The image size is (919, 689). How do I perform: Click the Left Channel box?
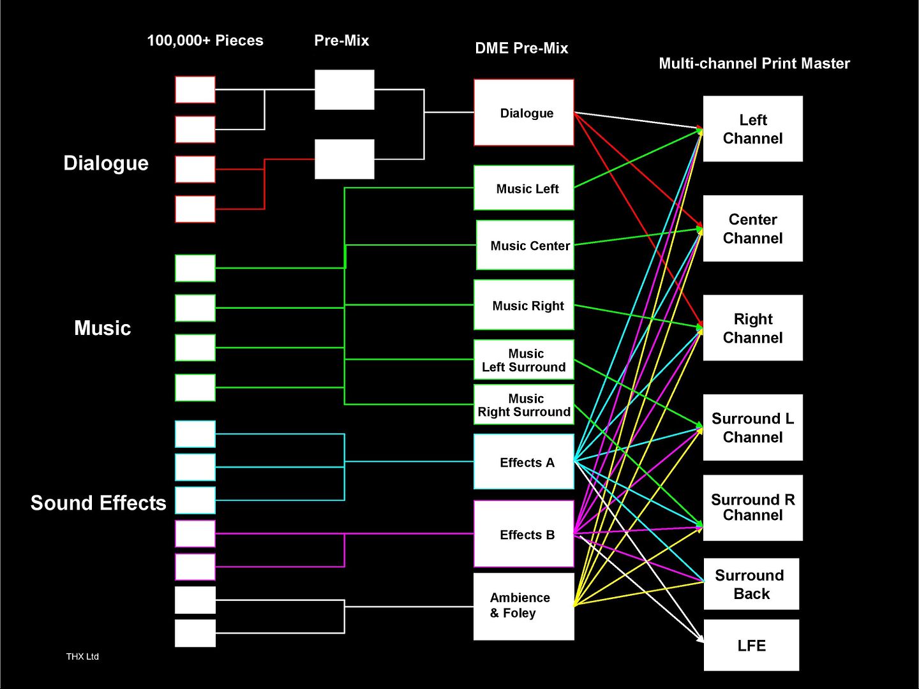[753, 129]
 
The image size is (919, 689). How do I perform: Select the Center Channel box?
[753, 228]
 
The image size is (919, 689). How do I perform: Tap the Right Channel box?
[753, 328]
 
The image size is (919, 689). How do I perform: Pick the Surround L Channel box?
[753, 427]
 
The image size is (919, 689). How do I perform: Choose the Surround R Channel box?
[753, 508]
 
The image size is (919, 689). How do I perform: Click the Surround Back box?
[751, 584]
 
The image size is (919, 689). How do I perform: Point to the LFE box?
[751, 645]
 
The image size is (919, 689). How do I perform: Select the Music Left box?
[524, 188]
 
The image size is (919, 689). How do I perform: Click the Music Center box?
[525, 245]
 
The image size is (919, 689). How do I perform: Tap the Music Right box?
[524, 305]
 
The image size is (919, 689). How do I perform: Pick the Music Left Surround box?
[524, 360]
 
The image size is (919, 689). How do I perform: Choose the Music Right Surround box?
[524, 404]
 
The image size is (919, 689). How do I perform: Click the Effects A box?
[524, 461]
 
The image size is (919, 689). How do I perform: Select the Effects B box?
[524, 534]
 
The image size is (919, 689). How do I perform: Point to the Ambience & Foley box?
[524, 606]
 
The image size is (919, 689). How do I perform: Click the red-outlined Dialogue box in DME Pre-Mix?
[524, 112]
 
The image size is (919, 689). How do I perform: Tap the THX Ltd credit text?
[82, 656]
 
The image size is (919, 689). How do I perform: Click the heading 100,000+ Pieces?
[205, 41]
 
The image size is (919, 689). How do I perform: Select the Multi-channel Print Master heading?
[754, 64]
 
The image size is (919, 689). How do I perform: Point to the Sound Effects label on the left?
[98, 503]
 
